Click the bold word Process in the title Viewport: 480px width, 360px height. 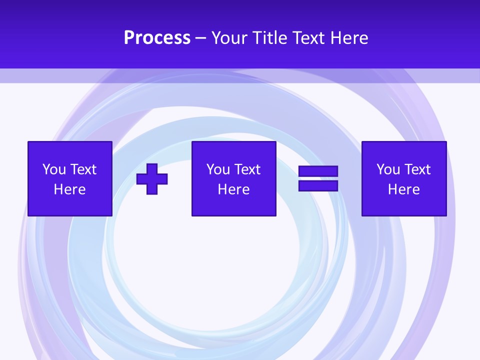click(x=157, y=38)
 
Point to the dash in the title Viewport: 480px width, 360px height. click(x=201, y=38)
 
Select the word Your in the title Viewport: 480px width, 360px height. click(x=229, y=38)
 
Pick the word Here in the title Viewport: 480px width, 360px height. click(x=349, y=38)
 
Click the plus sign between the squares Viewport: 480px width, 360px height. click(x=152, y=179)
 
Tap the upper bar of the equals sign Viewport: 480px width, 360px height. click(x=318, y=171)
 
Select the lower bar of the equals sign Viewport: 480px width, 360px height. click(x=318, y=186)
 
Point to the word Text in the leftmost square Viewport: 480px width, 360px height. click(x=83, y=169)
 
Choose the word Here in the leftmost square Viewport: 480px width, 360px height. click(x=69, y=189)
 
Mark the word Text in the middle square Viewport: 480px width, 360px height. click(x=247, y=169)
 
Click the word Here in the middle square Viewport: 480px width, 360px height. click(x=233, y=189)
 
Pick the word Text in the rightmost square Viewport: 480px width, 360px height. click(x=417, y=169)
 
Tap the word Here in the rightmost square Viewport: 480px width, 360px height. click(x=403, y=189)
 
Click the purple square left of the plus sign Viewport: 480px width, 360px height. click(x=69, y=205)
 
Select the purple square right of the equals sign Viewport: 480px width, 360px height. click(x=404, y=205)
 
